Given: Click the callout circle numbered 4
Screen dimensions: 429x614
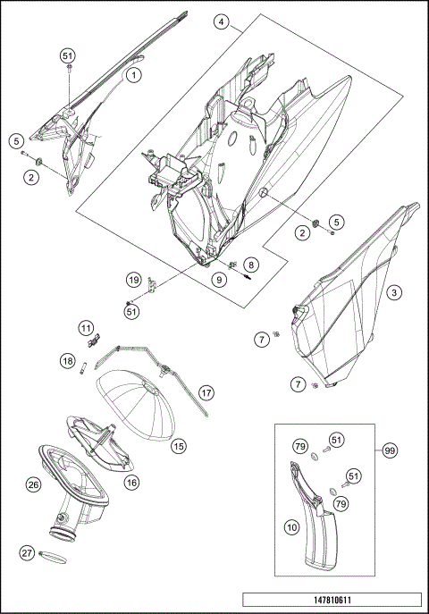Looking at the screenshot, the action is pyautogui.click(x=222, y=22).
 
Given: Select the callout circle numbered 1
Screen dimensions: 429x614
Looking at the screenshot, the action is pyautogui.click(x=134, y=75).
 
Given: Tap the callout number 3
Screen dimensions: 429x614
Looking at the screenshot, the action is pyautogui.click(x=394, y=292).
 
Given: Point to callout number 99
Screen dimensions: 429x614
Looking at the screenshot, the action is pyautogui.click(x=390, y=450).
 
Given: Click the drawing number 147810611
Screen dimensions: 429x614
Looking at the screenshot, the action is pyautogui.click(x=332, y=600).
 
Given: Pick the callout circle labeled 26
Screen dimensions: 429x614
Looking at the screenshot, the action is pyautogui.click(x=33, y=485).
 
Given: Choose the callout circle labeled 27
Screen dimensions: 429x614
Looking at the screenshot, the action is pyautogui.click(x=27, y=553).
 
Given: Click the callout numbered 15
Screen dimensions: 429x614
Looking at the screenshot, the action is pyautogui.click(x=179, y=446).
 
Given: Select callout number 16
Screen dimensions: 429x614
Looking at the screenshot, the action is pyautogui.click(x=132, y=483).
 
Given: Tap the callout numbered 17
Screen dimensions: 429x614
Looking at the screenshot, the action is pyautogui.click(x=206, y=392).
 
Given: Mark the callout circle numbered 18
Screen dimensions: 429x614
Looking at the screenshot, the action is pyautogui.click(x=68, y=361).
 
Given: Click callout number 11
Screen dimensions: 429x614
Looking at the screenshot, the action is pyautogui.click(x=86, y=328).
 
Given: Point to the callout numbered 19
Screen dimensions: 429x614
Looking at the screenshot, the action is pyautogui.click(x=134, y=280).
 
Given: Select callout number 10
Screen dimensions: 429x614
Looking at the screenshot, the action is pyautogui.click(x=292, y=527).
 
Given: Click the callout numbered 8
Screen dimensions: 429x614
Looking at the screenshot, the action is pyautogui.click(x=251, y=265).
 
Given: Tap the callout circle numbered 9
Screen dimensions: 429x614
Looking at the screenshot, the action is pyautogui.click(x=219, y=280).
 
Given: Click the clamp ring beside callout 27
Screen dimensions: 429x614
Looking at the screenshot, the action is pyautogui.click(x=53, y=557).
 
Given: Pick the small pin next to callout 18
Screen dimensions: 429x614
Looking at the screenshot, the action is pyautogui.click(x=82, y=369).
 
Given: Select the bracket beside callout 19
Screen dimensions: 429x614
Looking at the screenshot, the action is pyautogui.click(x=152, y=285).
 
